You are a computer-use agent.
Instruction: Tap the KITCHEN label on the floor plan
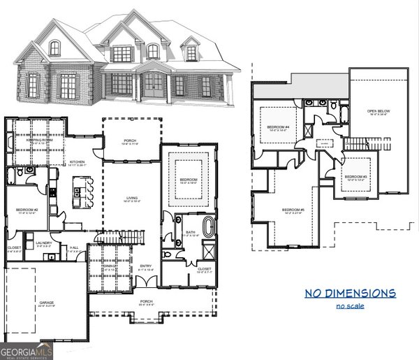coord(78,163)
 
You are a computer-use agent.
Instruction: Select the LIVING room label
coord(131,199)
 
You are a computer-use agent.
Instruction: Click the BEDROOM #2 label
coord(27,210)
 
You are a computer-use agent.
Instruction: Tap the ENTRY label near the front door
coord(145,266)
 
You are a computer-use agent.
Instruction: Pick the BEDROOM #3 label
coord(355,177)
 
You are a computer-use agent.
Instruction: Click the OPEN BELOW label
coord(378,111)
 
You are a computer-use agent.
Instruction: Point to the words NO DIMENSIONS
coord(350,293)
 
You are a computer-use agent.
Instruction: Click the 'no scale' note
coord(350,306)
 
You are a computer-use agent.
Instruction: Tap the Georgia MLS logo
coord(27,351)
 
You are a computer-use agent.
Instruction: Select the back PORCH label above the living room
coord(131,140)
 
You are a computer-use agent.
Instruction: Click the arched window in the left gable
coord(54,48)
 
